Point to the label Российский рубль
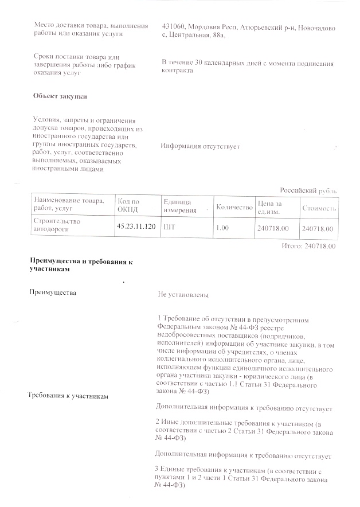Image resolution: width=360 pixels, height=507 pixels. (x=308, y=190)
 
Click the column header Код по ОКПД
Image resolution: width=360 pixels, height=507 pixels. (x=128, y=205)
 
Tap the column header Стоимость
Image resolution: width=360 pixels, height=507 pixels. (x=319, y=208)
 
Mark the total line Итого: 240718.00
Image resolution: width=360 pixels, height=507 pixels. (x=308, y=245)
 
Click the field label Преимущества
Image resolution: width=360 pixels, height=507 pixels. (x=56, y=293)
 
